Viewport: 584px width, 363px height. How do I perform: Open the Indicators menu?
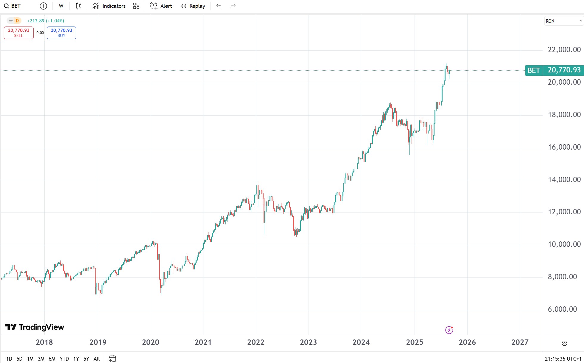(x=109, y=6)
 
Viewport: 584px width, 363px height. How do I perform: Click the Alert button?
(x=161, y=6)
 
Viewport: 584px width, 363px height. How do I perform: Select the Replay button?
(x=193, y=6)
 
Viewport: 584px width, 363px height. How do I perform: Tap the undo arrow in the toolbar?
(x=219, y=6)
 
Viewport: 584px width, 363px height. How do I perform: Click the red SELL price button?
(x=18, y=32)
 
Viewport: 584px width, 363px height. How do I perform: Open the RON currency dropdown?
(x=563, y=21)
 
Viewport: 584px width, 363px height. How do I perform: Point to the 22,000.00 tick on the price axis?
(x=564, y=50)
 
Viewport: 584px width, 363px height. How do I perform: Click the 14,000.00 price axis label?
(x=564, y=179)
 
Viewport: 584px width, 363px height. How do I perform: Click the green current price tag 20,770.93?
(x=564, y=70)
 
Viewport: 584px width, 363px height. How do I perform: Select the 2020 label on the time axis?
(x=150, y=342)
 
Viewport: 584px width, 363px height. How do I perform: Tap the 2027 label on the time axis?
(x=520, y=342)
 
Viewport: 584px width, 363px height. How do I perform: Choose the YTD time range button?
(x=64, y=359)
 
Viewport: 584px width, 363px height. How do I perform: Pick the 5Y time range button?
(x=86, y=359)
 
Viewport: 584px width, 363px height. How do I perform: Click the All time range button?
(x=96, y=359)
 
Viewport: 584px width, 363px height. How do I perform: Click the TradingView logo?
(x=35, y=327)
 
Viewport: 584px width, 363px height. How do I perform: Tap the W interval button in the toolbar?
(x=61, y=6)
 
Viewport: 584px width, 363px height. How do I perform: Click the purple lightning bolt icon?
(x=449, y=330)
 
